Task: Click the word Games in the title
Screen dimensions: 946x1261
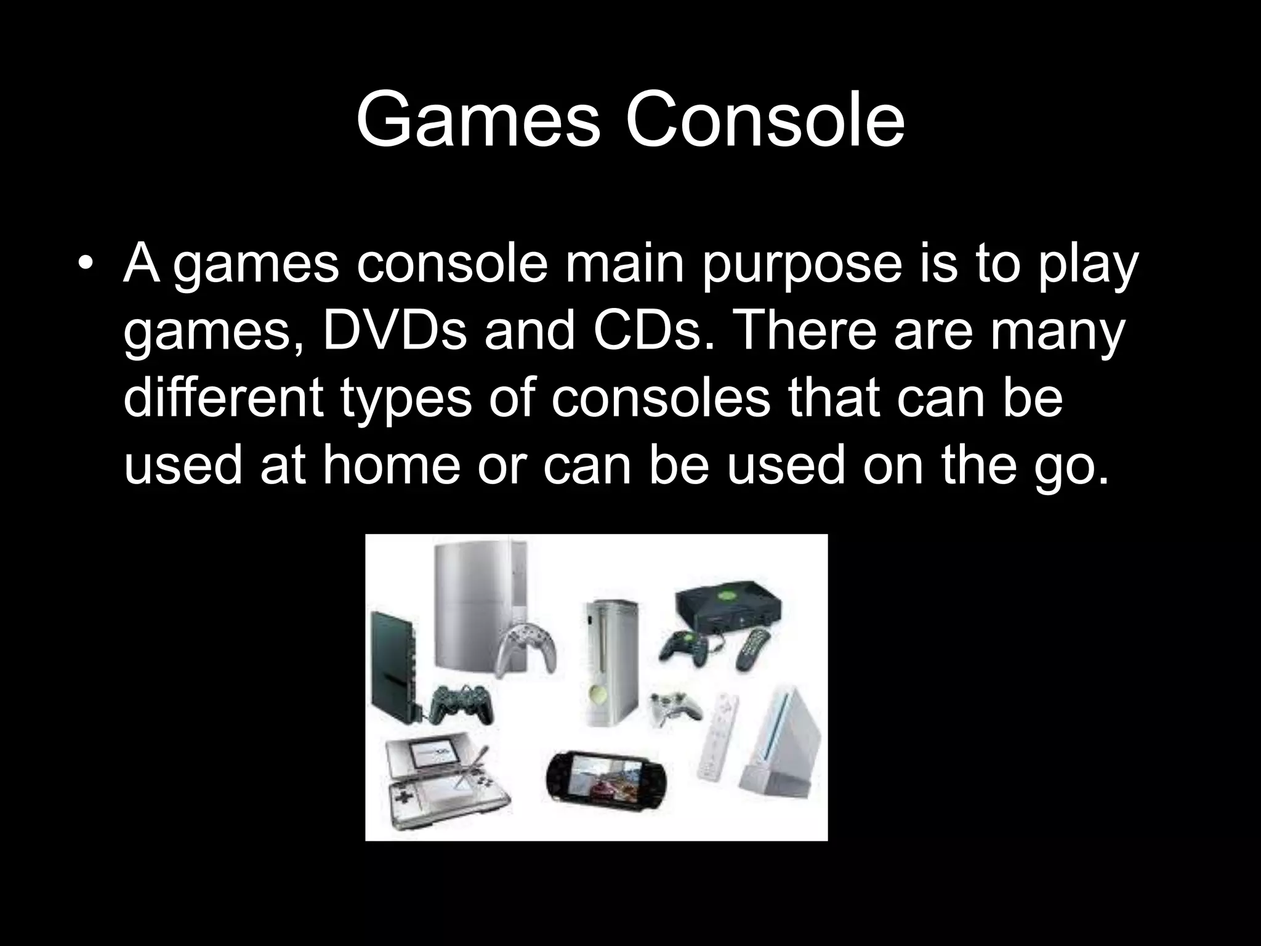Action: tap(477, 120)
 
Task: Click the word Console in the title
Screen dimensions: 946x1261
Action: tap(765, 120)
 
